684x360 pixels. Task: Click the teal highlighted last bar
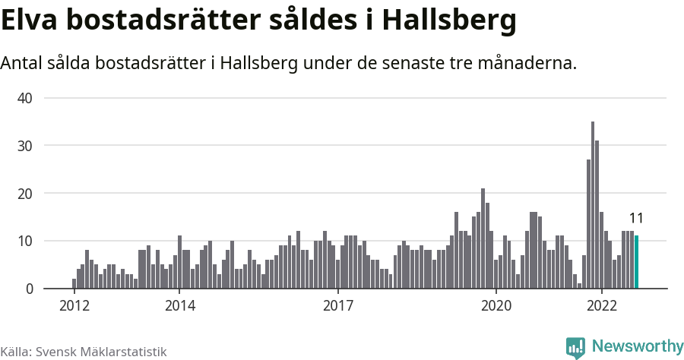pos(637,262)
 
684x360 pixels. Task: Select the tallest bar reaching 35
pos(593,205)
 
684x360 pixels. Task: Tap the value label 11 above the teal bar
pos(637,219)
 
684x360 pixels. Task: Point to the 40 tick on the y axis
pos(25,98)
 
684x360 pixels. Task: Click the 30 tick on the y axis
pos(25,146)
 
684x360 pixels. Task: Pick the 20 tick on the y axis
pos(25,194)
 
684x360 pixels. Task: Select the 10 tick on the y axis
pos(25,242)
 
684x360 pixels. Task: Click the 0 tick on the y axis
pos(29,289)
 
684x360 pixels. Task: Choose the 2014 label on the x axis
pos(179,305)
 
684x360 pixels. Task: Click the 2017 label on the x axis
pos(338,305)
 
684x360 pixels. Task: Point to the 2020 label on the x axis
pos(496,305)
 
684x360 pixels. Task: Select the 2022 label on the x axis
pos(602,305)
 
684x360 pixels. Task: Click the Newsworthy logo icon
pos(575,347)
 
